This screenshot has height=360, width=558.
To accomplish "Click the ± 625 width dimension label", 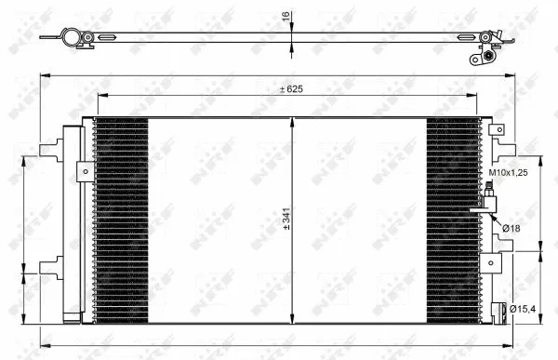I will click(x=292, y=89).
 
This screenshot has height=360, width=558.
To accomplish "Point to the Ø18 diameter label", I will click(x=511, y=228).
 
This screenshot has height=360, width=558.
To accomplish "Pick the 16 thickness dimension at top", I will click(x=286, y=16).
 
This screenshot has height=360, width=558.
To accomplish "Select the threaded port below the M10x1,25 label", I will click(x=489, y=200).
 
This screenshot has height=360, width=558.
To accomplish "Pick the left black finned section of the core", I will click(x=121, y=221).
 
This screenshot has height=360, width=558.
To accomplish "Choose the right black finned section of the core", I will click(x=453, y=221).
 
